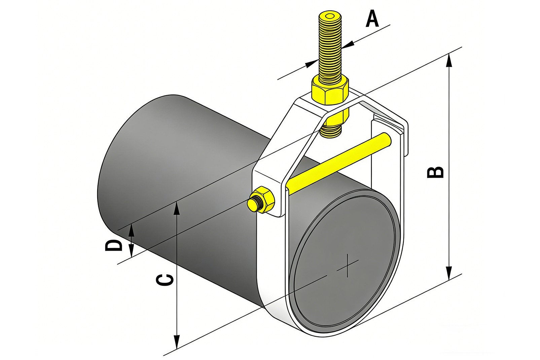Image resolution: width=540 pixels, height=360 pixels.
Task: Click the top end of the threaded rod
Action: pyautogui.click(x=330, y=17)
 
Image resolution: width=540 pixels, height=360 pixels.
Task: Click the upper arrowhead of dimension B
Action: pyautogui.click(x=448, y=61)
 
